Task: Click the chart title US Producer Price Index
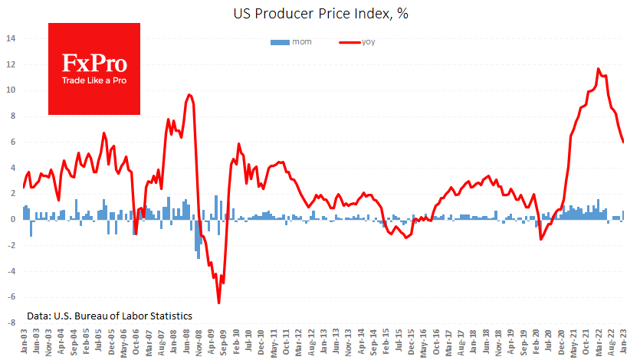pos(320,13)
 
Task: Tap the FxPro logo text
pos(94,64)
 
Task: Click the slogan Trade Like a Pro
pos(94,80)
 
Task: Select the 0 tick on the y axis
pos(12,219)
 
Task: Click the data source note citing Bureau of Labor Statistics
pos(109,316)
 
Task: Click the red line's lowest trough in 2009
pos(218,303)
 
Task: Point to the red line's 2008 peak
pos(189,94)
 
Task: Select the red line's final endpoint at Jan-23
pos(623,142)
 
